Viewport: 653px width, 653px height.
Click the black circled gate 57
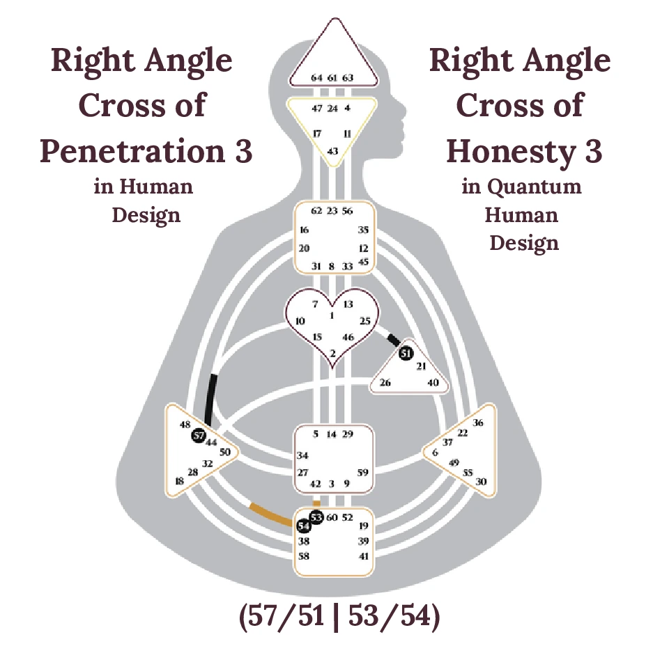(x=199, y=436)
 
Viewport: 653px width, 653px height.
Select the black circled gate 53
(x=316, y=517)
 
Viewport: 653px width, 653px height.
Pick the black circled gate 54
(x=304, y=526)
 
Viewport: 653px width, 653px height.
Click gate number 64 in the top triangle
(x=316, y=77)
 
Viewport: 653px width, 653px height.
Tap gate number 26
(x=385, y=382)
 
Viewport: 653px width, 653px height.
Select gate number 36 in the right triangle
(x=478, y=422)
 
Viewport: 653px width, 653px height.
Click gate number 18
(x=180, y=481)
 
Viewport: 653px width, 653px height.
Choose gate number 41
(x=364, y=556)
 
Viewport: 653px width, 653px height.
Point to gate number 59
(x=363, y=473)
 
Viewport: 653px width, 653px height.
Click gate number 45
(x=363, y=262)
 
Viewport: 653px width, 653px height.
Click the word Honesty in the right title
(x=514, y=150)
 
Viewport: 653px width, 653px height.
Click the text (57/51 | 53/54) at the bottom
(x=339, y=618)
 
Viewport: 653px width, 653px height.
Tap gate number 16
(x=304, y=230)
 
